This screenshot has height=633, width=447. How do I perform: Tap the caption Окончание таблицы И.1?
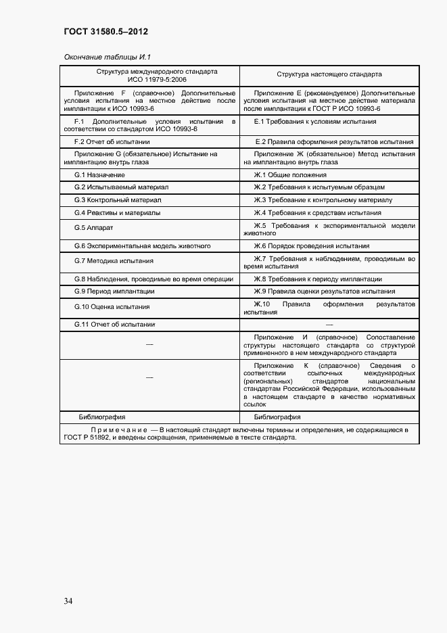pos(110,57)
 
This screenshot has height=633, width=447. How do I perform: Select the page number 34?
pos(69,601)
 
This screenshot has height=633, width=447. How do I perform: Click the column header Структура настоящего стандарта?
pos(329,74)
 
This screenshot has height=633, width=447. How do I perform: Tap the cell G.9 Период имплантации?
pos(114,291)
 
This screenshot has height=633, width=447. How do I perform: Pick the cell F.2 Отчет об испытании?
pos(112,142)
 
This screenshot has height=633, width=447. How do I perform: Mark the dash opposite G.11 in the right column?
pos(329,325)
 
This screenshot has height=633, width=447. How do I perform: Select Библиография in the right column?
pos(277,417)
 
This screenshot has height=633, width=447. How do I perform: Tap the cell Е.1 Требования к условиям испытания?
pos(315,122)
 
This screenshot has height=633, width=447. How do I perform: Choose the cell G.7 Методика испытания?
pos(114,260)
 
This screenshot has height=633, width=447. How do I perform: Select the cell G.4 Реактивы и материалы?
pos(117,212)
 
